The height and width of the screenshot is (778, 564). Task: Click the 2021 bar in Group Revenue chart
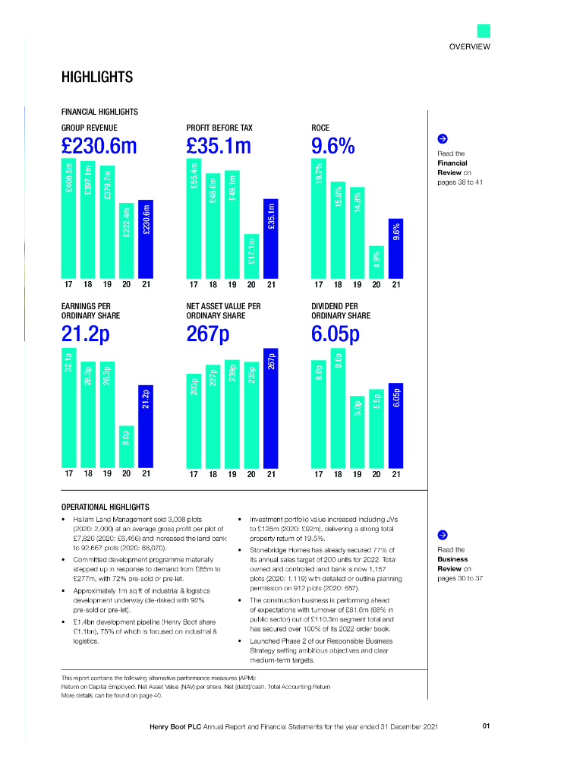click(147, 239)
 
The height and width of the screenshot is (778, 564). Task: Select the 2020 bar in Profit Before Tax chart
click(251, 256)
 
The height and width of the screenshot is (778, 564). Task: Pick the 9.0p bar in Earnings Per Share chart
click(127, 446)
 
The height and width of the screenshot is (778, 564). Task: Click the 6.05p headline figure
click(336, 334)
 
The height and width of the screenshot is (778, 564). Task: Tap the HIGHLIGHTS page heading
click(96, 77)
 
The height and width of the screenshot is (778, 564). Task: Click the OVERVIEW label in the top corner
click(469, 47)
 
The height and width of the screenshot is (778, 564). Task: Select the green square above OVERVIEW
click(484, 31)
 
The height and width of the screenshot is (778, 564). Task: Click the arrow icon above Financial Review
click(443, 139)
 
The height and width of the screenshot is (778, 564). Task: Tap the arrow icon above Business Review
click(443, 536)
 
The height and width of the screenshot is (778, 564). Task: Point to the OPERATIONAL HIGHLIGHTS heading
click(105, 507)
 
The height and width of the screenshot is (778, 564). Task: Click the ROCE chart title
click(320, 128)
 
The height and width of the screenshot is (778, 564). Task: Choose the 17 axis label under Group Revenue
click(68, 286)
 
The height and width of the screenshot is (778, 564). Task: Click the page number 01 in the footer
click(486, 726)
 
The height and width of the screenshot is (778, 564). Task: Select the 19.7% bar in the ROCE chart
click(319, 217)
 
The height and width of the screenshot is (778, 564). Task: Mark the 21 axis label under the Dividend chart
click(395, 474)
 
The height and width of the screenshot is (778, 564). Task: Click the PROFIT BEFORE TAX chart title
click(219, 128)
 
